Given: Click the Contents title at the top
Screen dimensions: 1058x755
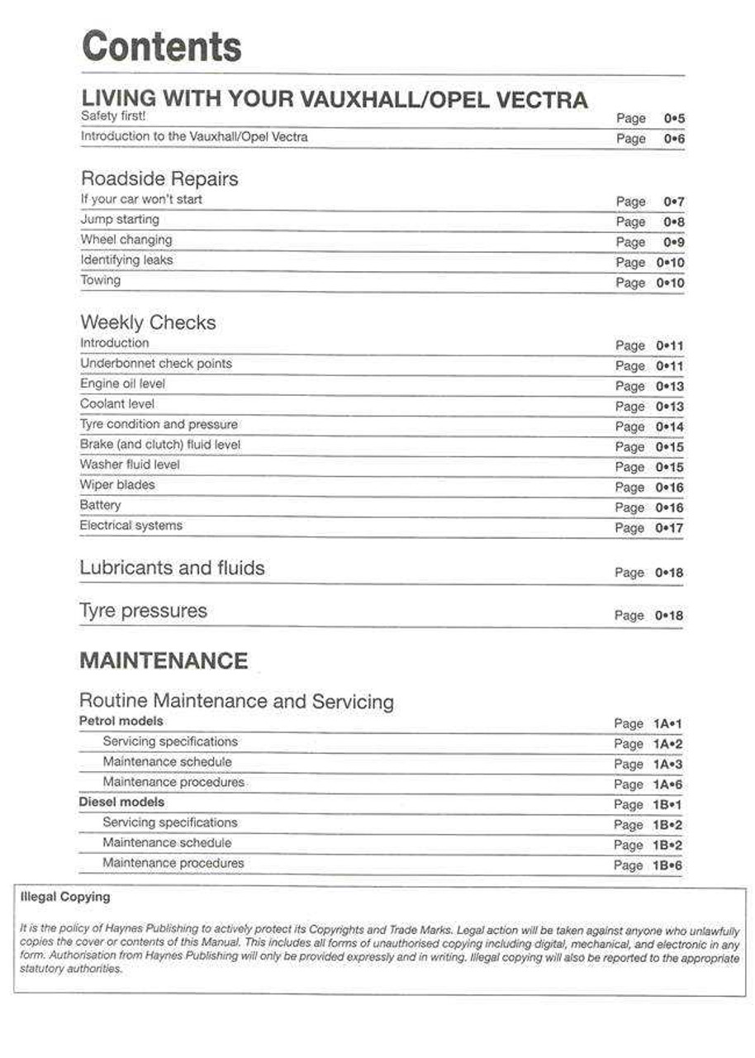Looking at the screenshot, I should [162, 47].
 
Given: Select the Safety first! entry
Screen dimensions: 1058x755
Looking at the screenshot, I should [113, 117].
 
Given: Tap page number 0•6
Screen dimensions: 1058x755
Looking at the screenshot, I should [674, 139].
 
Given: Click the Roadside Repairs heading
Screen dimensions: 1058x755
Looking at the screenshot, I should [159, 179].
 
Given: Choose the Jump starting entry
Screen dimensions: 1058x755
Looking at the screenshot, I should [120, 220].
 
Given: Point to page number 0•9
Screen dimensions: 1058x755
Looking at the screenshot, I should [674, 242].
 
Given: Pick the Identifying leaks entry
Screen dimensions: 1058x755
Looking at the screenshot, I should [126, 260].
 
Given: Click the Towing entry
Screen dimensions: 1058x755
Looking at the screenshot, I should [100, 280].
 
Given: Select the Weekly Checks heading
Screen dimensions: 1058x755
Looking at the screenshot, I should [148, 322].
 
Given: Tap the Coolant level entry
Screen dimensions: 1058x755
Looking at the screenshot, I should [117, 404].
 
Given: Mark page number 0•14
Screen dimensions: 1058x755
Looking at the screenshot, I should [670, 427].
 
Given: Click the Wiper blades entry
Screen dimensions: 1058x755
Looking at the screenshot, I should [117, 485].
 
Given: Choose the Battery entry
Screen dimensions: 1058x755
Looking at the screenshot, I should [100, 505].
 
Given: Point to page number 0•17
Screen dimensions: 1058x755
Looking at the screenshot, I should [670, 528].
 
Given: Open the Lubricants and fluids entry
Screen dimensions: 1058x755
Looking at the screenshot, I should [172, 569].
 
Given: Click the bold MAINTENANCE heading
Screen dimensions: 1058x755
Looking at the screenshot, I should [164, 661].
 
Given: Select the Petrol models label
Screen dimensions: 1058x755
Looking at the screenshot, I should [121, 722].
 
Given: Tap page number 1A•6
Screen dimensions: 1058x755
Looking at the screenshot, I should [667, 784].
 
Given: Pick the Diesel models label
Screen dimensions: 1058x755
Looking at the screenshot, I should [121, 803].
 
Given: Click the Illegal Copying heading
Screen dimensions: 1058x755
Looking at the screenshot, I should [64, 897].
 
